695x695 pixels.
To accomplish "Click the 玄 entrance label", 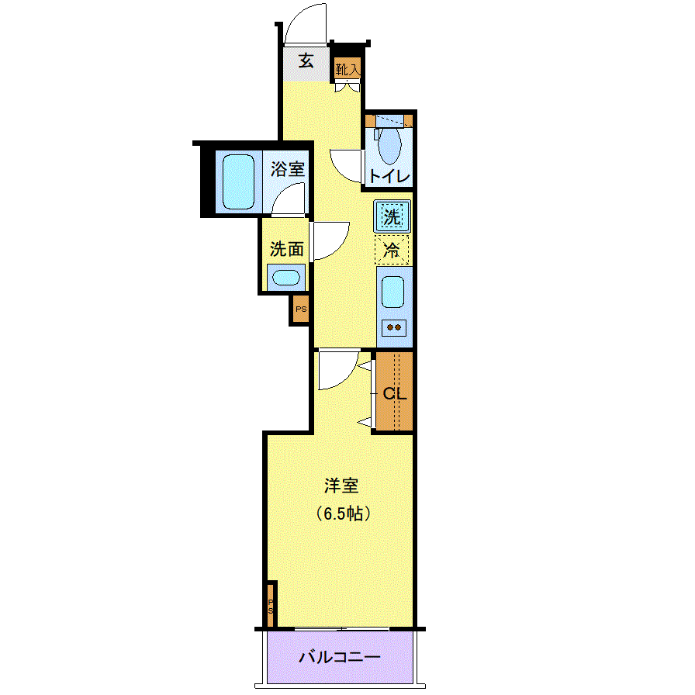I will (x=307, y=61).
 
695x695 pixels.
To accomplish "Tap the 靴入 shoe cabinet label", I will (x=347, y=69).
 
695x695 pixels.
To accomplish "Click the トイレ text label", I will (x=389, y=176).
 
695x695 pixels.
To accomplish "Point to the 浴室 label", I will (x=288, y=169).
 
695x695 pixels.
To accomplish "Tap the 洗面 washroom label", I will (x=286, y=250).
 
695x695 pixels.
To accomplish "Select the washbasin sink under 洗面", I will (x=286, y=277).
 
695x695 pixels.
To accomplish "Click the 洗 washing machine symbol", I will (x=392, y=216).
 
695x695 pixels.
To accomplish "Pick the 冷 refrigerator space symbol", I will (x=392, y=250).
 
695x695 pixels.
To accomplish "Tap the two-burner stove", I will (x=393, y=327).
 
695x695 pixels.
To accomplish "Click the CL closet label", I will (x=394, y=393).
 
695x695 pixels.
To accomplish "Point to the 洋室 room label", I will (x=341, y=486).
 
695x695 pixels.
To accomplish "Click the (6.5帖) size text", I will (x=341, y=513).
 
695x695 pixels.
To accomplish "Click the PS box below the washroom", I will (x=300, y=309).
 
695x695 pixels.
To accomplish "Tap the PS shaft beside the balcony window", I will (x=271, y=604).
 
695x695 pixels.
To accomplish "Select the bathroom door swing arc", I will (x=289, y=200).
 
